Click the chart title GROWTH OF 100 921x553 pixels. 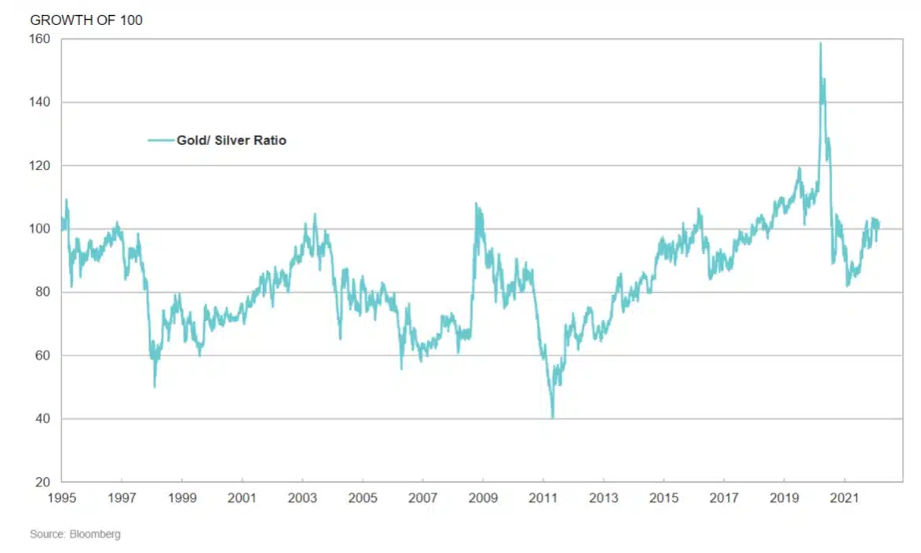coord(86,20)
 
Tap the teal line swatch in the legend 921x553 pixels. coord(161,141)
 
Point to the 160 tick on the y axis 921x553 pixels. coord(40,39)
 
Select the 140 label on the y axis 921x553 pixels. coord(40,102)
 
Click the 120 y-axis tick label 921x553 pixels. coord(40,166)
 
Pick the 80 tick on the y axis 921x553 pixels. coord(42,292)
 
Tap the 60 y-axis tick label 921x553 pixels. coord(42,355)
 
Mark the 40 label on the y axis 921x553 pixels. coord(42,419)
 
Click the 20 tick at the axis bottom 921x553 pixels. coord(42,482)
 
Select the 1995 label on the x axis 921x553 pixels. coord(61,498)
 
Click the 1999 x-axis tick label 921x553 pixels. coord(182,498)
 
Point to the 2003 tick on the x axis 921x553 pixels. coord(302,498)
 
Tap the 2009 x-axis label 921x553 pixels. coord(483,498)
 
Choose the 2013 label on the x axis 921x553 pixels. coord(603,498)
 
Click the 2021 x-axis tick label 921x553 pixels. coord(844,498)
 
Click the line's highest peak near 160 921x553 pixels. coord(820,43)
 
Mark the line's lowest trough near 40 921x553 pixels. coord(553,417)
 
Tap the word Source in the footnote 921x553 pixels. coord(45,534)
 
